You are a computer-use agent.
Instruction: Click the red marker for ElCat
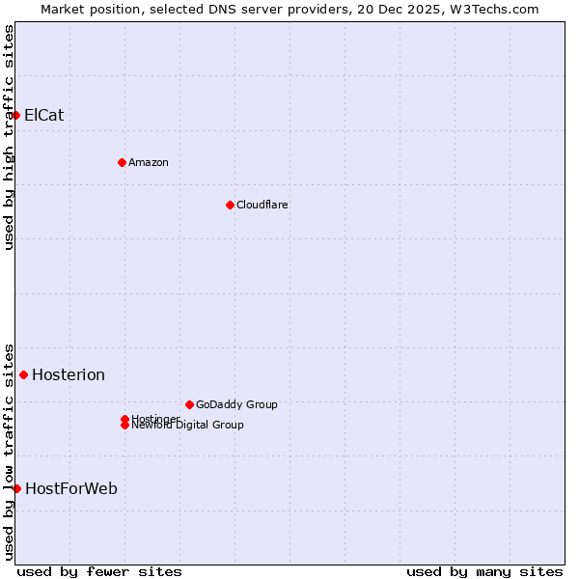(x=15, y=115)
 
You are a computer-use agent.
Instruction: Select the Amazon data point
(x=122, y=162)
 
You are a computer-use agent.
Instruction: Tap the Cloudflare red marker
(x=230, y=205)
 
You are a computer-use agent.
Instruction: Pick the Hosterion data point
(x=23, y=374)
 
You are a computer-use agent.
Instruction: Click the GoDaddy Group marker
(x=189, y=404)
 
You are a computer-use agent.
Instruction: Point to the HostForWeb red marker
(x=16, y=488)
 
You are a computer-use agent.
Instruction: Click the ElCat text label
(x=44, y=115)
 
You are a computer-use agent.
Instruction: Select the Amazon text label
(x=149, y=162)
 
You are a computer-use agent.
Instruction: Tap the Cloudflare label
(x=262, y=205)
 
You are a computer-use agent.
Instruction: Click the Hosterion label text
(x=69, y=374)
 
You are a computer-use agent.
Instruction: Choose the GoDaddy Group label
(x=236, y=404)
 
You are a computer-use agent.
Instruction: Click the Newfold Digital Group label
(x=188, y=426)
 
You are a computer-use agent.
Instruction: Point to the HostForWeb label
(x=71, y=488)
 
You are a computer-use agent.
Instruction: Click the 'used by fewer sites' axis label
(x=99, y=571)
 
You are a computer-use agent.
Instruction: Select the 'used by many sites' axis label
(x=484, y=571)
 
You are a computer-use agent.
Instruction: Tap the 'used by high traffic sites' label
(x=9, y=137)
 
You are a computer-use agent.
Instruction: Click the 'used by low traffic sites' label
(x=9, y=451)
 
